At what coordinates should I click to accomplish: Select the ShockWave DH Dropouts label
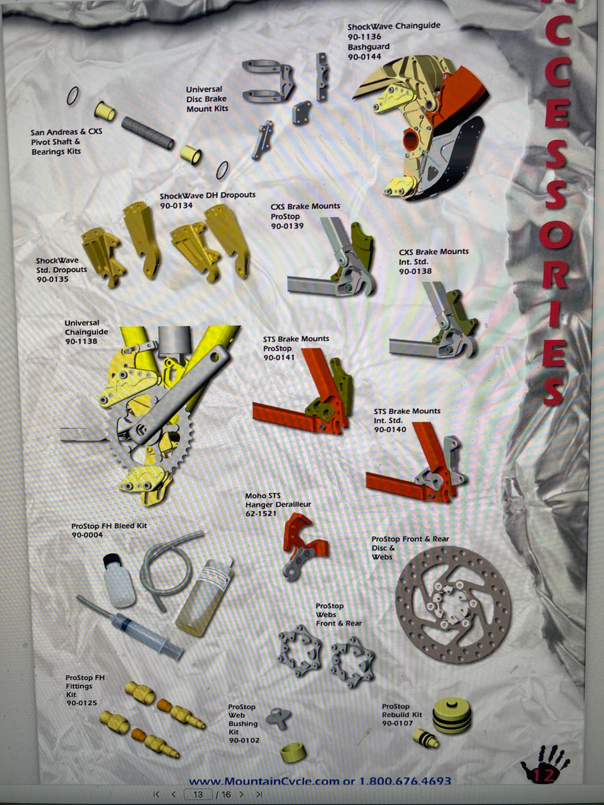(208, 195)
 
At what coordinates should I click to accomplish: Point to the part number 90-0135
(52, 279)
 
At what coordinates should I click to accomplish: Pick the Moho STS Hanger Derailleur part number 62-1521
(261, 513)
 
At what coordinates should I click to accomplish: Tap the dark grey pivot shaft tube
(148, 133)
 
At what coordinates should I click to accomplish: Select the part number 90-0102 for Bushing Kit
(244, 740)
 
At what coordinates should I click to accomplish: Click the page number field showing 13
(198, 794)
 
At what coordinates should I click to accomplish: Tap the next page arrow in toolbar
(241, 794)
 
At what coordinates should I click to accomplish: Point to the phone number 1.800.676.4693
(405, 781)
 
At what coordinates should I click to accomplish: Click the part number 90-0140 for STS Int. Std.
(390, 429)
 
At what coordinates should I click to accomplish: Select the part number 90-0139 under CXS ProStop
(287, 226)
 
